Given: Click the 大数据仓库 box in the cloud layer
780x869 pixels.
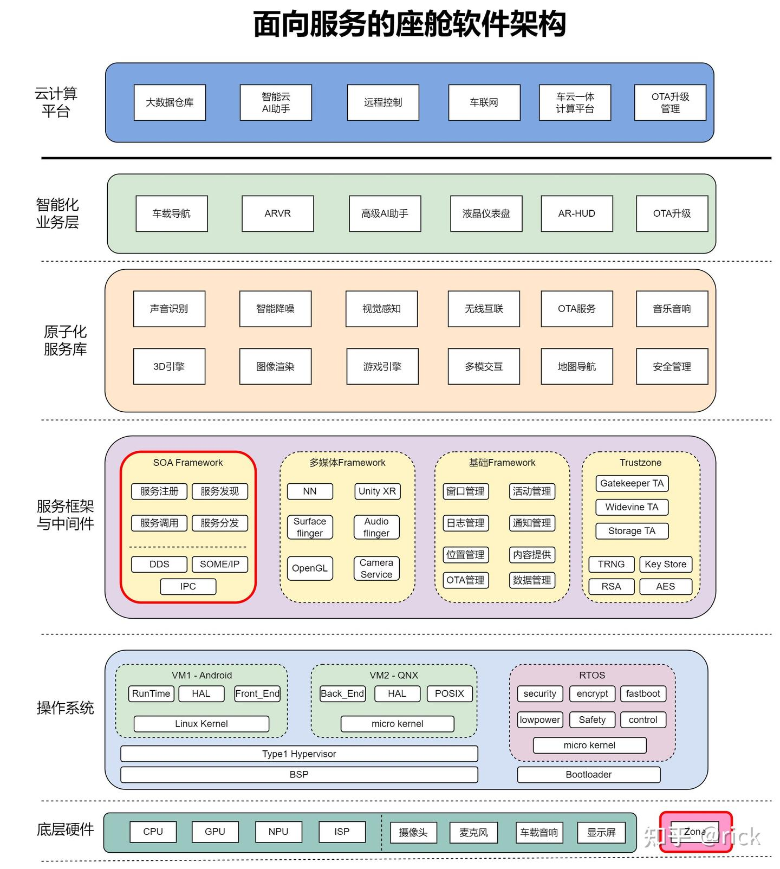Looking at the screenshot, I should [170, 102].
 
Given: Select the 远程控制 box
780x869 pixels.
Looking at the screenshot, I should [383, 102].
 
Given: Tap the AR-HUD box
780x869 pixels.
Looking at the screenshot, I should [577, 213].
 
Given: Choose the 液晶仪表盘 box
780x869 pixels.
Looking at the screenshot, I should [486, 213].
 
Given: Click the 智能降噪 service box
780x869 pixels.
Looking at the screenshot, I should [275, 309].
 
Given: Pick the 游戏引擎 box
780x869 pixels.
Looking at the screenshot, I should [382, 367].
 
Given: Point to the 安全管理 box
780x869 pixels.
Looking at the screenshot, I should [672, 367].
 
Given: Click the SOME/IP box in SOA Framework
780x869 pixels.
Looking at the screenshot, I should [219, 564].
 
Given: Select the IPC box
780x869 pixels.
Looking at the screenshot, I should [188, 586].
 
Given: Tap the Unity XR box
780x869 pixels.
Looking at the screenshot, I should [377, 491].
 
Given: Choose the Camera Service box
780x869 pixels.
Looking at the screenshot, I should [376, 568].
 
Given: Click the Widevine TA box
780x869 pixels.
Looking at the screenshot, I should [632, 507].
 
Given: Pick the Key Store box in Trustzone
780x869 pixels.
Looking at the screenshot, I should [665, 564].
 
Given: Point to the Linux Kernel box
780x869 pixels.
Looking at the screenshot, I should [201, 724].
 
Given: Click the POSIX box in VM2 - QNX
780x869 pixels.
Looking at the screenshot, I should [450, 693].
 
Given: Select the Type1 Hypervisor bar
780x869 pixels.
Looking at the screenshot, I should [299, 754].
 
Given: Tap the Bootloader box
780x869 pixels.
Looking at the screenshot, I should [589, 775].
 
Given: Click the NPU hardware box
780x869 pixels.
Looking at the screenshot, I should [278, 832].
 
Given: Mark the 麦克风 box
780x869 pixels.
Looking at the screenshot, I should [473, 833].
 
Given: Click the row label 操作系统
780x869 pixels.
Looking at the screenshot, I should [65, 708].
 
